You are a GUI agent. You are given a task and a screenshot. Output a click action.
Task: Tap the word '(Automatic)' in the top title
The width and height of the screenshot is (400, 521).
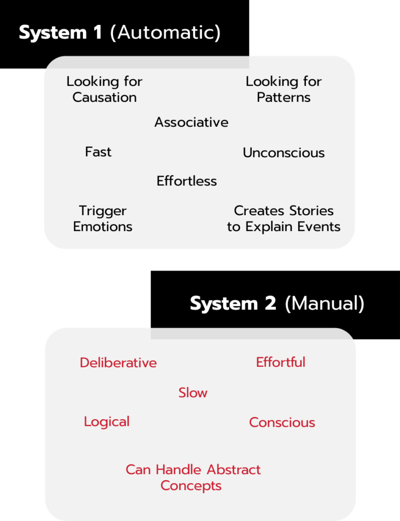point(165,33)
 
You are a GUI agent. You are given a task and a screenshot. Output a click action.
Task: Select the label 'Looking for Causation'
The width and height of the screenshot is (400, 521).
point(104,89)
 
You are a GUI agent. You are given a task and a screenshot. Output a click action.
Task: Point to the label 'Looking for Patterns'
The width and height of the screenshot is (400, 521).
point(283,89)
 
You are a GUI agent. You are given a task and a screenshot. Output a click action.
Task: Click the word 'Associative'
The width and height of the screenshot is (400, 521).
point(191,122)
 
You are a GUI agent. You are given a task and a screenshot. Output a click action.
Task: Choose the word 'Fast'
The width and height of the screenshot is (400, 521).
point(98,152)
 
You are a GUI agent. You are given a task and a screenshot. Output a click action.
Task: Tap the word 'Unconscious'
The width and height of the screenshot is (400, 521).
point(283,153)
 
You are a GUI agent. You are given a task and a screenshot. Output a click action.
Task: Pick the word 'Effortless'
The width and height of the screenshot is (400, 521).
point(187,181)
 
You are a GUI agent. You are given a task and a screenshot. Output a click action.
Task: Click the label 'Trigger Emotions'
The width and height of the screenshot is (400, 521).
point(103,218)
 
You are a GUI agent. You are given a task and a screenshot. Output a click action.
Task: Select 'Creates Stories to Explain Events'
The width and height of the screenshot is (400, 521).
point(283,218)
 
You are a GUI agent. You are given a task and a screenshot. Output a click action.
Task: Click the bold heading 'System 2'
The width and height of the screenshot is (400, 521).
point(233,304)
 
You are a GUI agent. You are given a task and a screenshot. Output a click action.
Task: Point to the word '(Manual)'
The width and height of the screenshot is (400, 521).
point(325,304)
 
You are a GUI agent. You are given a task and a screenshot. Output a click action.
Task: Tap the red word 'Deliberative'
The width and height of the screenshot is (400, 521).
point(118,363)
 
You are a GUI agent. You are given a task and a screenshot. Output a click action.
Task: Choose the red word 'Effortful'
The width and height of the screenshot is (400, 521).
point(280,362)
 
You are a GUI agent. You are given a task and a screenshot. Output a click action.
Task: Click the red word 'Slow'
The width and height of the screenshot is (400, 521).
point(193,393)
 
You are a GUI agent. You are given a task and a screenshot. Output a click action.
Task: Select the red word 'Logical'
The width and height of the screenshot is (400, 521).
point(107,422)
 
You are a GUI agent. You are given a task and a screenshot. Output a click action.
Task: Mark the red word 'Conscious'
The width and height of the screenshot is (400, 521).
point(282,422)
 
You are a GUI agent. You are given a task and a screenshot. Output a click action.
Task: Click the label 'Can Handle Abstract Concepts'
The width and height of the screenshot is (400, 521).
point(193,477)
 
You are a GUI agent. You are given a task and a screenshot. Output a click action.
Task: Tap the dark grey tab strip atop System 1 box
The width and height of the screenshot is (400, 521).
point(148,62)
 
